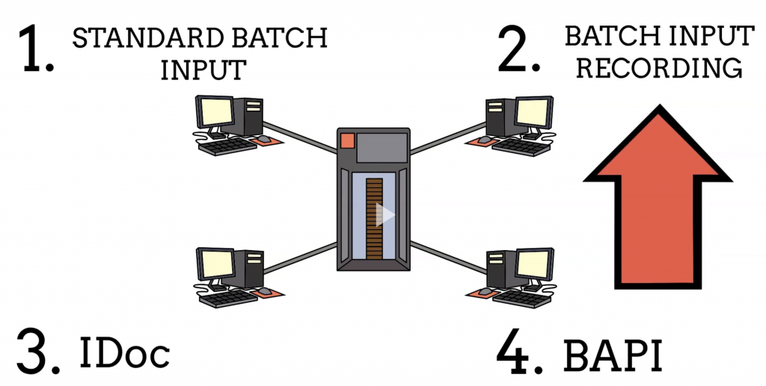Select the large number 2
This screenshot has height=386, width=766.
click(519, 49)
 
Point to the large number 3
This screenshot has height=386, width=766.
click(38, 351)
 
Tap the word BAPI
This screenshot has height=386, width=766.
click(613, 356)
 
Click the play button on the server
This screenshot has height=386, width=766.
click(384, 214)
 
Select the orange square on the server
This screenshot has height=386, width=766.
click(347, 140)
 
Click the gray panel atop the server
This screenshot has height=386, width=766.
click(382, 147)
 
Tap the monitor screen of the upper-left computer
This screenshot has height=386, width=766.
click(215, 111)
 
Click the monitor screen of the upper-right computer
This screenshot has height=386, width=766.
click(533, 112)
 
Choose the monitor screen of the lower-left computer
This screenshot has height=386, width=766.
click(216, 263)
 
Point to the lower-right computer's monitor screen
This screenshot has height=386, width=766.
click(533, 264)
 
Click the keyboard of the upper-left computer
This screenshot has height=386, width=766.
click(228, 146)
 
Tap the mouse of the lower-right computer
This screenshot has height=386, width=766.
click(485, 291)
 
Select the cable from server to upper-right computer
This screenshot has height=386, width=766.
click(448, 138)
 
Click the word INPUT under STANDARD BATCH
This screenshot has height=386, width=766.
click(203, 70)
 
